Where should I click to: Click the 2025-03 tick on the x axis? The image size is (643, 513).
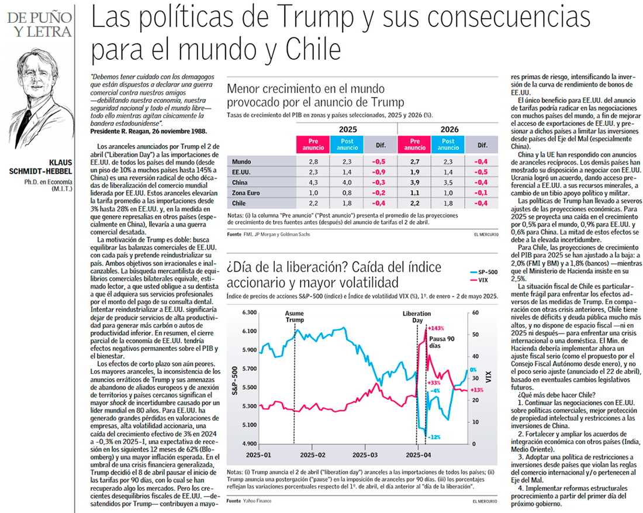365,455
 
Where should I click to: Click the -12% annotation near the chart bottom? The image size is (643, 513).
433,436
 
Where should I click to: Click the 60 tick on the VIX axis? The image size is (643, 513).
474,313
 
